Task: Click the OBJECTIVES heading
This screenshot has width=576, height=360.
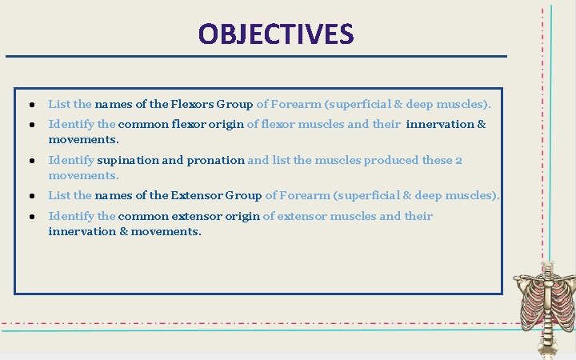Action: [x=275, y=34]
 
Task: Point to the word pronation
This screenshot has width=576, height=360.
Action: [x=215, y=160]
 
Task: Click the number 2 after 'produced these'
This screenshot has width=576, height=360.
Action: [x=458, y=160]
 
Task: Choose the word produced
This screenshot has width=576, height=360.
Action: [x=392, y=160]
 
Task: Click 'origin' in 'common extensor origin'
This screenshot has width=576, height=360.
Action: [x=242, y=216]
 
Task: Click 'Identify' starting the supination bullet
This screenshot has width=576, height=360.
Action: [x=71, y=160]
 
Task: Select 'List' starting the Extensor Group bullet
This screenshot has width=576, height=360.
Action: [x=59, y=195]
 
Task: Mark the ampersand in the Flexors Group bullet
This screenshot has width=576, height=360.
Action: [x=398, y=104]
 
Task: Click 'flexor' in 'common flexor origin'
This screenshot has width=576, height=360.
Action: [x=190, y=124]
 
